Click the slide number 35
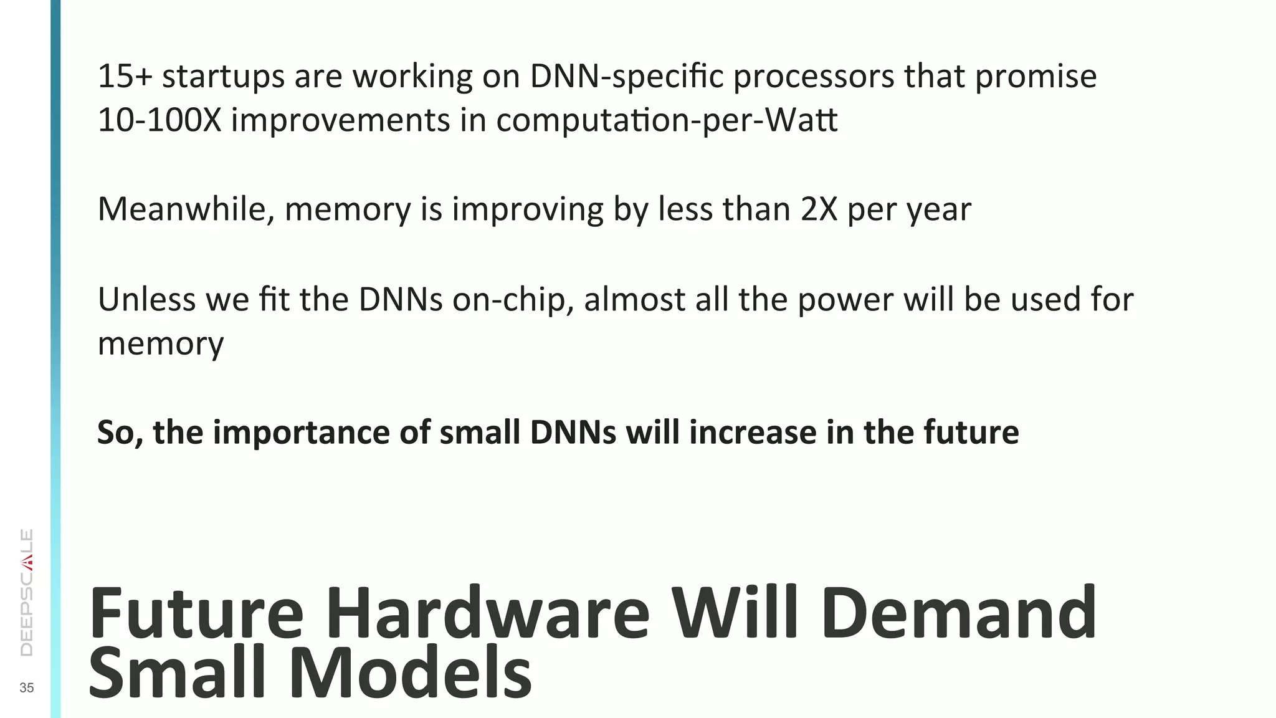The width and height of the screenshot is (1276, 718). [x=27, y=688]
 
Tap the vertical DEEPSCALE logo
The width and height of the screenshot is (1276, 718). [x=27, y=592]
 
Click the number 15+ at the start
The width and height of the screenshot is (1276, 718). [x=125, y=76]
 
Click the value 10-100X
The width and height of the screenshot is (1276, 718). [x=159, y=120]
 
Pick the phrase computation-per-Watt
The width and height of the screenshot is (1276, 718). [x=667, y=121]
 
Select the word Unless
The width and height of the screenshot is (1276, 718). [x=147, y=299]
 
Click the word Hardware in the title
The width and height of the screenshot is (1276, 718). [x=488, y=614]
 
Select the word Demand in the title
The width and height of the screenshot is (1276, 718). [x=959, y=614]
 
